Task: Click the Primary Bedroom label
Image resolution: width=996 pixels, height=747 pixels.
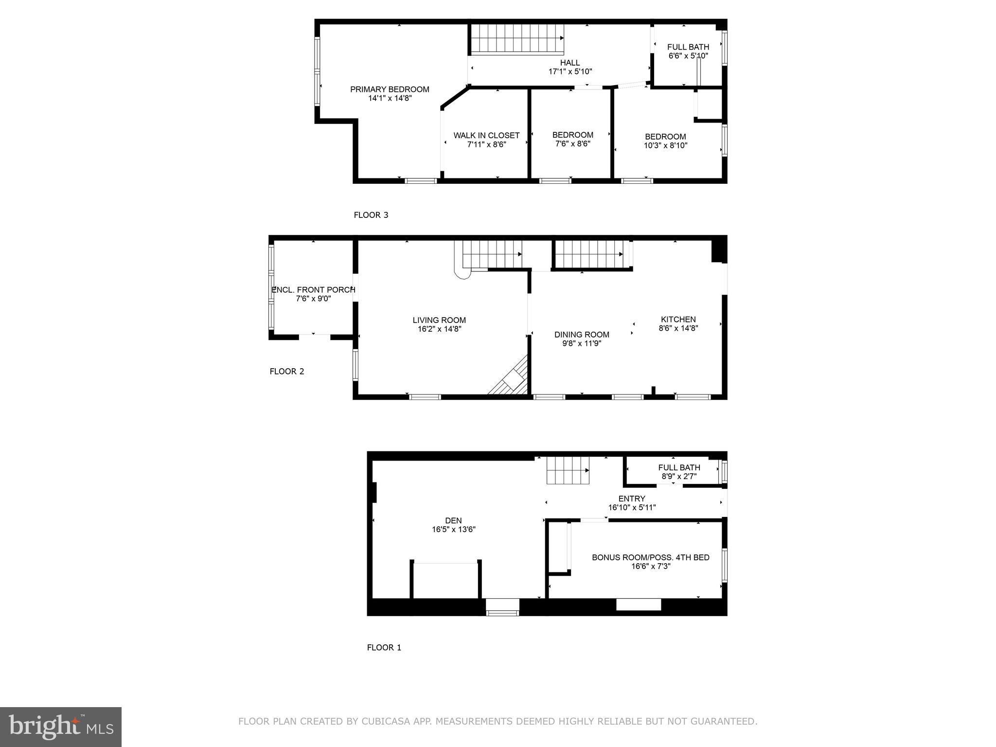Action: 390,89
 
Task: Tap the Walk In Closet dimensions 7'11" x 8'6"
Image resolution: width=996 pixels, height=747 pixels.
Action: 486,144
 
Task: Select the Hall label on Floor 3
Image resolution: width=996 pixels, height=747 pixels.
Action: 569,63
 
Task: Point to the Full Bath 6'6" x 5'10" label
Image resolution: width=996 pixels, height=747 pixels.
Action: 688,51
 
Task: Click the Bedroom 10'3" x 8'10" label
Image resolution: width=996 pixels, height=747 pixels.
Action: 665,141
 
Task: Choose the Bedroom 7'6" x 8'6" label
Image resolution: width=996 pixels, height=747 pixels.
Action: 572,139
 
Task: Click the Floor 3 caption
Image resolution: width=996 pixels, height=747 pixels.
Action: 371,215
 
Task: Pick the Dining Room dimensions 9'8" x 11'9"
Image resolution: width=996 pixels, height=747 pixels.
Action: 582,343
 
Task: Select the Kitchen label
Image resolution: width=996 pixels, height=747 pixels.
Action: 678,320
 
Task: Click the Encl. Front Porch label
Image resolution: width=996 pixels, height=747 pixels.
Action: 313,290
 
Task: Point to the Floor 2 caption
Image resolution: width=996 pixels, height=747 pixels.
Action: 286,372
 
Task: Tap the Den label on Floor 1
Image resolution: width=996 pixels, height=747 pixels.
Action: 453,520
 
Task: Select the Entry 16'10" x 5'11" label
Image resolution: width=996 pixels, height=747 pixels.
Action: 632,503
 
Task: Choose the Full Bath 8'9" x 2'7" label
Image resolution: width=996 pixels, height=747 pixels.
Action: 679,472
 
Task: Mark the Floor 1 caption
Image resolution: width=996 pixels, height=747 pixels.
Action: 384,647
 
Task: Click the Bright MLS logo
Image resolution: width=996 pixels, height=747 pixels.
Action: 61,727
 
